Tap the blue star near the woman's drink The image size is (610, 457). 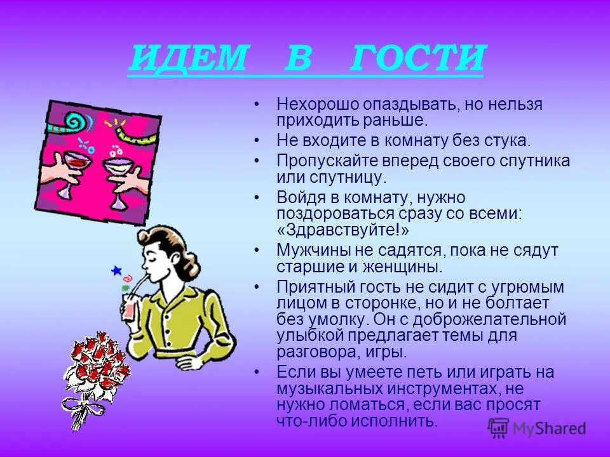[x=116, y=270]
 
